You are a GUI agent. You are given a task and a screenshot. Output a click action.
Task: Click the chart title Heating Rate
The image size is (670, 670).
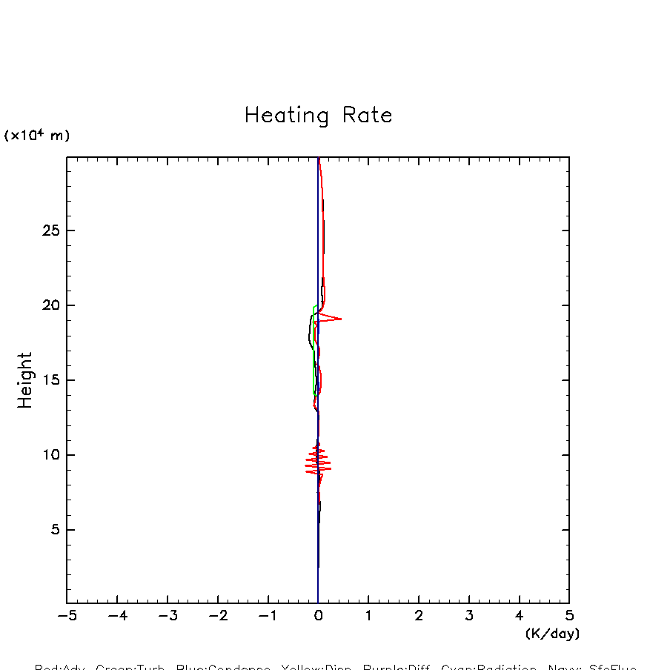click(x=318, y=116)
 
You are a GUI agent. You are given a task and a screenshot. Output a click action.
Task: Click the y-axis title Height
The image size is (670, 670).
click(x=25, y=380)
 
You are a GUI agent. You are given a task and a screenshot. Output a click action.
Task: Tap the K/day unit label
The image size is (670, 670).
click(x=552, y=634)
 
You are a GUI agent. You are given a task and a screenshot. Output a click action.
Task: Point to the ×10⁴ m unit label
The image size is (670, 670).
click(x=37, y=136)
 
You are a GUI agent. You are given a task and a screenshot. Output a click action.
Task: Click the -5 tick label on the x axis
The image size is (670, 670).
click(x=67, y=615)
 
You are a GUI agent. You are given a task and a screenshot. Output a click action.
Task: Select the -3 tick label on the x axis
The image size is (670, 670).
click(x=167, y=615)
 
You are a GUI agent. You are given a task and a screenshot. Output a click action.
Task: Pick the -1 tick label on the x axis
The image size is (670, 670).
click(x=268, y=615)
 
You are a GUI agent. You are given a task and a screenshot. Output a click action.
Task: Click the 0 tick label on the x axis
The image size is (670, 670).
click(x=318, y=615)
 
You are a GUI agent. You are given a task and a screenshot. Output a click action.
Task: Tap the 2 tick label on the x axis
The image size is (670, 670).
click(x=419, y=615)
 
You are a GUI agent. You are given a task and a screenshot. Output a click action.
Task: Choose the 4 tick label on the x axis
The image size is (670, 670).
click(x=519, y=615)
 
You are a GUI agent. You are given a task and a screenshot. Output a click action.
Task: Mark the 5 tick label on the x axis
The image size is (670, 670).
click(x=569, y=615)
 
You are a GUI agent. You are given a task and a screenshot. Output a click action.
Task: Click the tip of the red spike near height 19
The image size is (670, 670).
click(x=341, y=319)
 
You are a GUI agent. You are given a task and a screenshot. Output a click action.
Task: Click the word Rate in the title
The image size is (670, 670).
click(x=367, y=116)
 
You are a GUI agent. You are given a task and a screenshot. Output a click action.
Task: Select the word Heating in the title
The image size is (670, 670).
click(x=286, y=116)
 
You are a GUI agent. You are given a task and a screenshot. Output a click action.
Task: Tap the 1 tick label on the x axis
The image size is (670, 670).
click(x=368, y=615)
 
